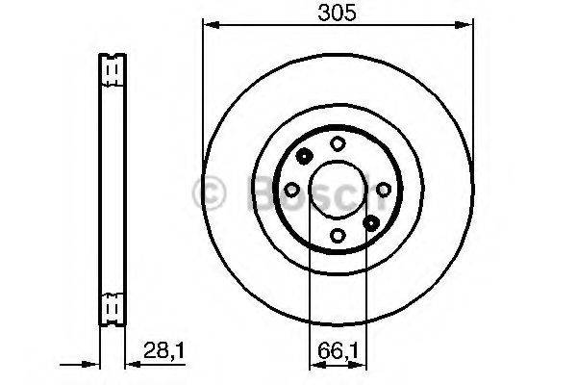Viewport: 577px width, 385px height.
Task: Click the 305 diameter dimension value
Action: click(x=338, y=14)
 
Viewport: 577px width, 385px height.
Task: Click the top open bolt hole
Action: click(x=338, y=144)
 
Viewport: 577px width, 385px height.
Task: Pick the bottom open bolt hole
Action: click(x=338, y=235)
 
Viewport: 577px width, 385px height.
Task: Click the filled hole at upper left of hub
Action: click(x=304, y=158)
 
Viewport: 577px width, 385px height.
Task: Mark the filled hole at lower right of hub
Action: click(x=371, y=222)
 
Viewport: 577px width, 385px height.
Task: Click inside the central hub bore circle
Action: click(x=338, y=190)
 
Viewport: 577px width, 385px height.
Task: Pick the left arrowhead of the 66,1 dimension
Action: click(x=313, y=366)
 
